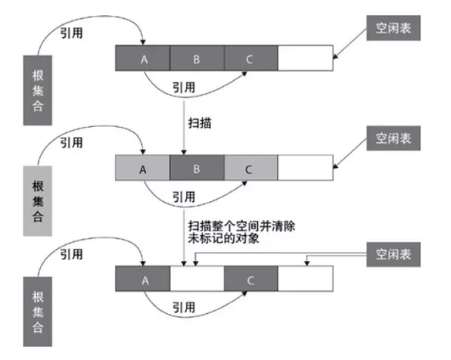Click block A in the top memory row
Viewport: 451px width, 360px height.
coord(143,57)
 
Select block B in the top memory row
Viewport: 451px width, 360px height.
coord(197,57)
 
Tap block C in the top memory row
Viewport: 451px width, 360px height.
coord(250,57)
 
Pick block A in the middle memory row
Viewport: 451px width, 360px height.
coord(142,169)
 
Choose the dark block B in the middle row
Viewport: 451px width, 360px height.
coord(197,169)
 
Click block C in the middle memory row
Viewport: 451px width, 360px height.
coord(250,169)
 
